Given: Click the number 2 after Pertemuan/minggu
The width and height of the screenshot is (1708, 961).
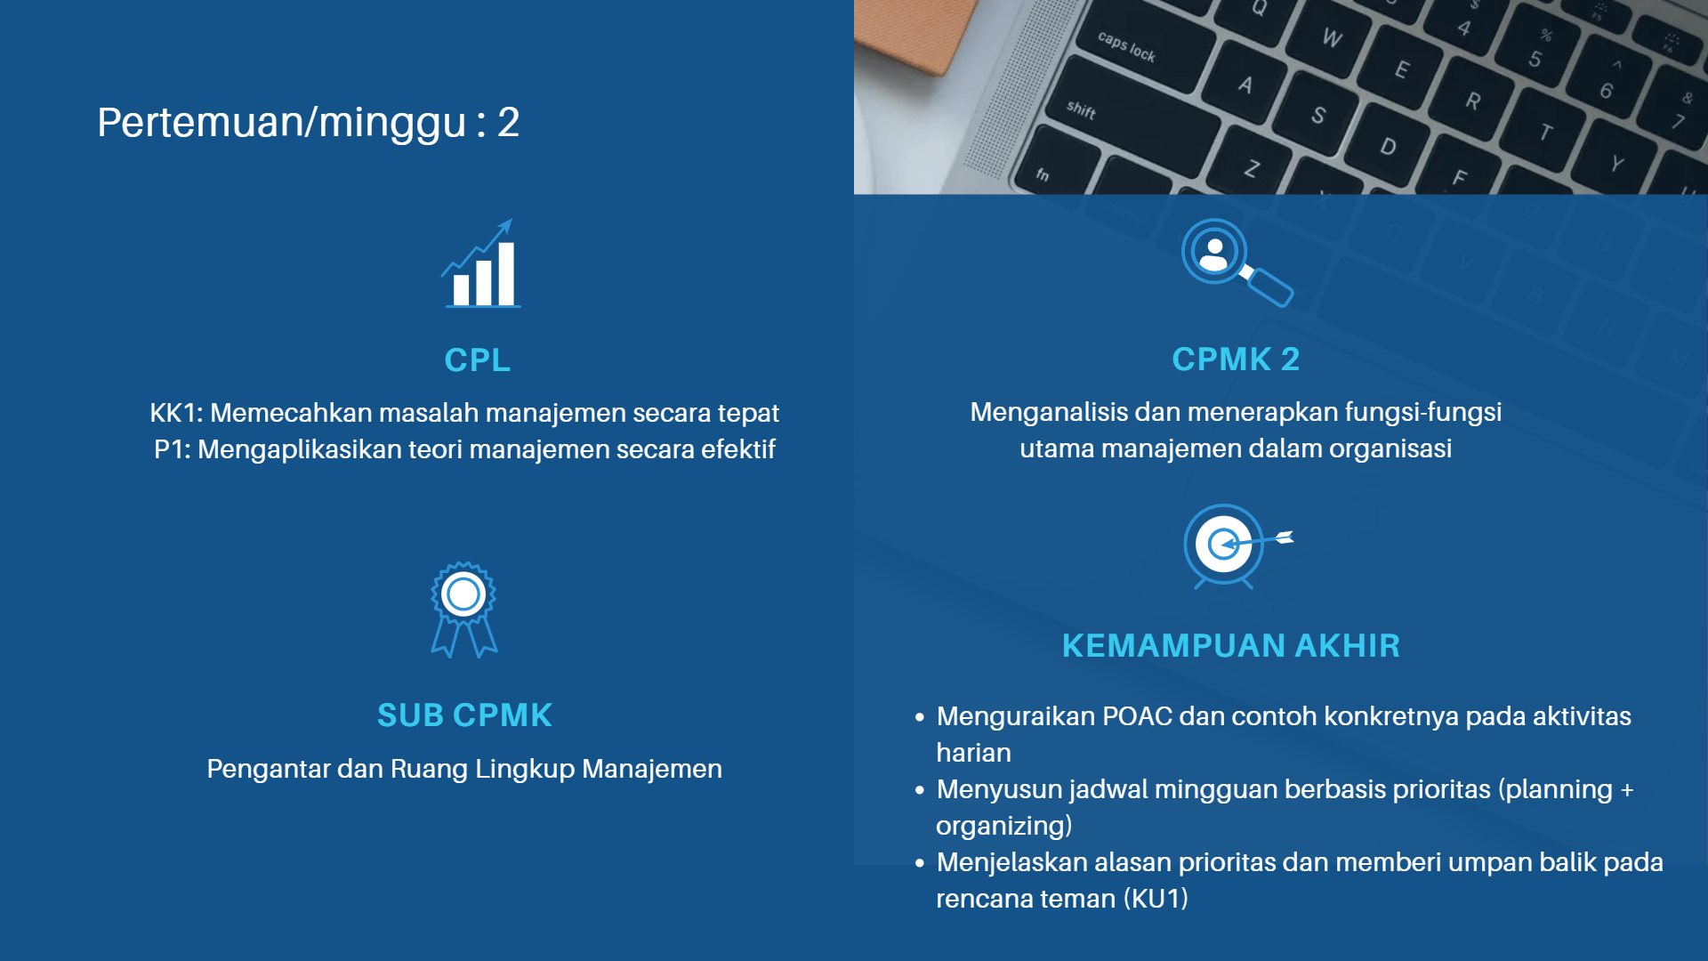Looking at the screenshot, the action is [508, 122].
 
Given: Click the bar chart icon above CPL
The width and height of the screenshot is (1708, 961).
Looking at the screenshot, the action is [481, 263].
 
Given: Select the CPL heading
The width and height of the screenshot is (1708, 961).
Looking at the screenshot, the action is [478, 359].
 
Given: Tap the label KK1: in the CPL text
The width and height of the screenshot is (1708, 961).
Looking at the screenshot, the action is [176, 413].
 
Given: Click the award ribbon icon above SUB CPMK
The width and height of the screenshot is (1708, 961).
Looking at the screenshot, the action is [463, 610].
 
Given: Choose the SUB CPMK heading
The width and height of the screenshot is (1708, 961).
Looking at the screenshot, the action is [464, 715].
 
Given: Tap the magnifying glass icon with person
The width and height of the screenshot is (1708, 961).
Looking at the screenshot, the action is [1237, 262].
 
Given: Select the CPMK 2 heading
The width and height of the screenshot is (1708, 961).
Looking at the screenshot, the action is [1236, 359].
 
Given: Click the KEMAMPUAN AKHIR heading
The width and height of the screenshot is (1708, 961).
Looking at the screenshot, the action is [1231, 645].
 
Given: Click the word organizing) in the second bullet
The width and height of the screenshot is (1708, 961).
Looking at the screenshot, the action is [1003, 826].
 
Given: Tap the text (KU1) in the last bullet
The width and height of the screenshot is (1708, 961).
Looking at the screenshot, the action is [1156, 899].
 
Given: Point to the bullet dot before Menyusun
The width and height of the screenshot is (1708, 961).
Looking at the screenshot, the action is [920, 789].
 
